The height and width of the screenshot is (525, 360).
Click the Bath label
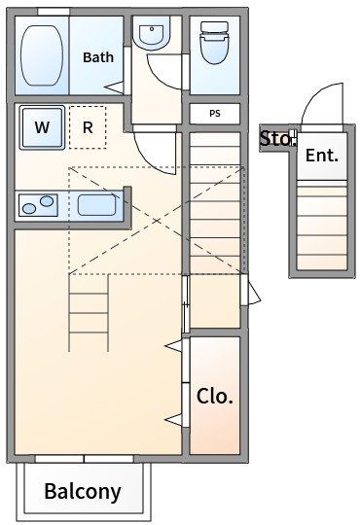pos(98,57)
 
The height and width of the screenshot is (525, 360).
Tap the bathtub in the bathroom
pos(42,54)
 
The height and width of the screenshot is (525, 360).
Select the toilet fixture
pos(214,42)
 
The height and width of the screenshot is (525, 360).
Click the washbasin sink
pos(152,32)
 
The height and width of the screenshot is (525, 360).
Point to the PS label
pos(215,114)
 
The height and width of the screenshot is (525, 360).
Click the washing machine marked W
pos(42,127)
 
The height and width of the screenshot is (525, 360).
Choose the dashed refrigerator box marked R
pos(88,127)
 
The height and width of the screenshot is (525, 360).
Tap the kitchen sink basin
pos(97,205)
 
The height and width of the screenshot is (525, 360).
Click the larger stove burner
pos(47,201)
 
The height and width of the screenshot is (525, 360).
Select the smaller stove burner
pos(29,209)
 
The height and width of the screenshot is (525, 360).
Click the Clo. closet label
pos(214,397)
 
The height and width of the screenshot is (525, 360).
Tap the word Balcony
pos(83,492)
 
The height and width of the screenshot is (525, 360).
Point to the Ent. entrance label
pos(322,156)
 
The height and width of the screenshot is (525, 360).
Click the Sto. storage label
pos(277,139)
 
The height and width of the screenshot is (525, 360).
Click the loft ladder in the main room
pos(89,313)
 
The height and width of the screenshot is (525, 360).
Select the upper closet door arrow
pos(173,345)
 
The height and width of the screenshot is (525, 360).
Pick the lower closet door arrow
pos(173,420)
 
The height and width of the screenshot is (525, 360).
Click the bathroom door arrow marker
pos(114,87)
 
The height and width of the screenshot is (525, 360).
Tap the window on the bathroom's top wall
pos(54,12)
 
